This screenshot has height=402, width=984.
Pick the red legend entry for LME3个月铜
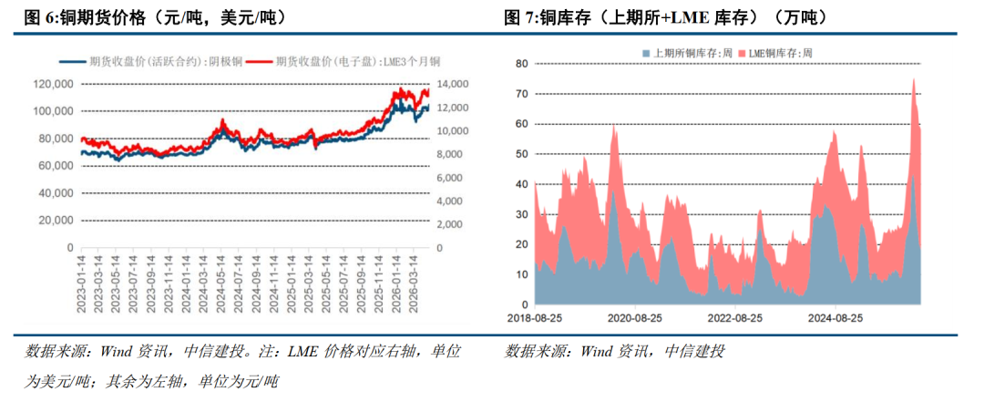pyautogui.click(x=343, y=61)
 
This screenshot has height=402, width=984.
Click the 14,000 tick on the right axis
pyautogui.click(x=448, y=84)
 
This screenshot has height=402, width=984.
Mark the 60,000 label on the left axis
pyautogui.click(x=56, y=166)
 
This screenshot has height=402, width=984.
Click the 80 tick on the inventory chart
pyautogui.click(x=521, y=64)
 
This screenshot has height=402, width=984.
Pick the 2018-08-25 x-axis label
pyautogui.click(x=534, y=318)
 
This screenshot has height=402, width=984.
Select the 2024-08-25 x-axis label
pyautogui.click(x=835, y=318)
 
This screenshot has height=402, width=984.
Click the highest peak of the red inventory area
pyautogui.click(x=913, y=78)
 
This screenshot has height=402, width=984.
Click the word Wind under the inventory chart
pyautogui.click(x=595, y=351)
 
